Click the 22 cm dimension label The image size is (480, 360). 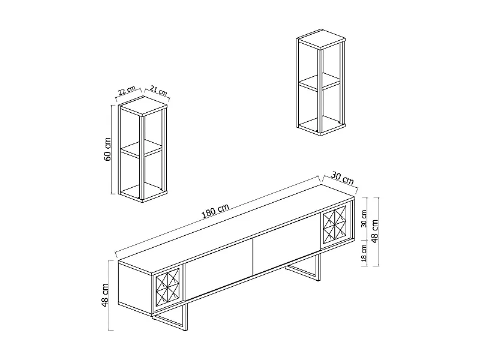126,91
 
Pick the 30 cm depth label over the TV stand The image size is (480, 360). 342,179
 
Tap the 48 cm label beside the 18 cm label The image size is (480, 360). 376,231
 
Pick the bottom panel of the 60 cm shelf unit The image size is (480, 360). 143,193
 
